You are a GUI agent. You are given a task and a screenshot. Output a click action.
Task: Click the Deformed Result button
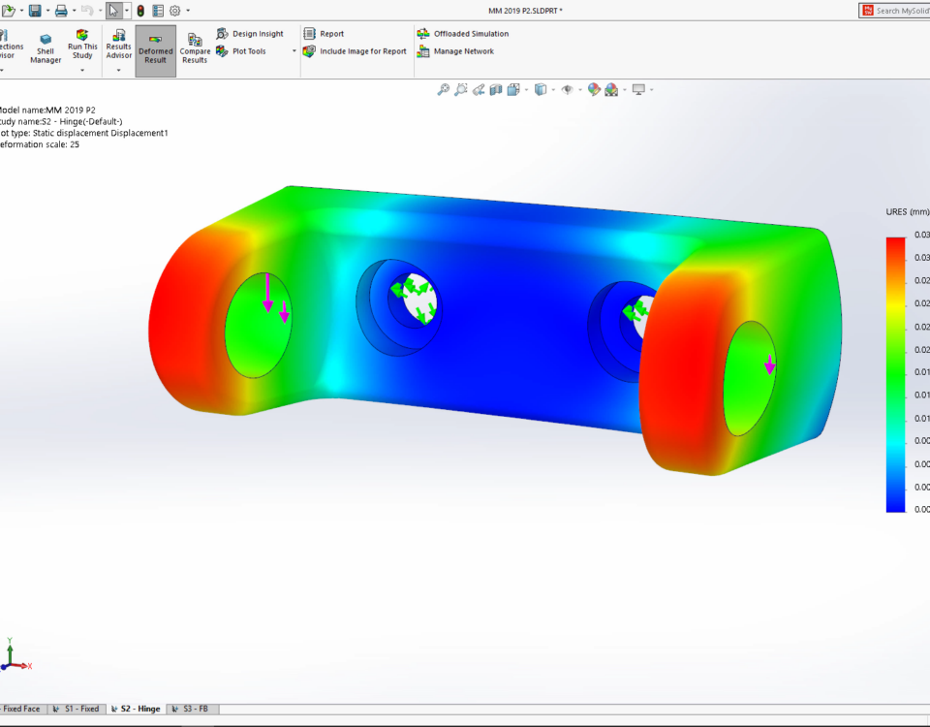155,51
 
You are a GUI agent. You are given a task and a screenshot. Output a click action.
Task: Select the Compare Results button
195,50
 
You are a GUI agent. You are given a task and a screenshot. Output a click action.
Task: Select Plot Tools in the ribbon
248,51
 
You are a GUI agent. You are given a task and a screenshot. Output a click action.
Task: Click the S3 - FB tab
194,709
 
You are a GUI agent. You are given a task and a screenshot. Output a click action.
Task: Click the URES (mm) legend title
907,211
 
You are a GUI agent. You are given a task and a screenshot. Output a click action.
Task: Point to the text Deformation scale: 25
39,144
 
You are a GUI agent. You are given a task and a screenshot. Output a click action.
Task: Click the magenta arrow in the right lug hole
769,364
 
